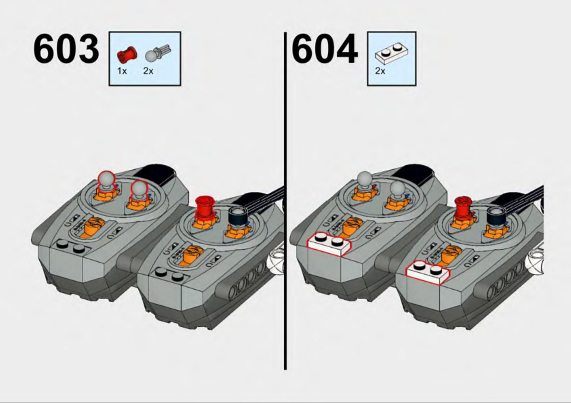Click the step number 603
[66, 49]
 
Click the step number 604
[325, 49]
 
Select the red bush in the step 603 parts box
[127, 55]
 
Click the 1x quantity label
[122, 71]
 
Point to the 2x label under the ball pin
[148, 71]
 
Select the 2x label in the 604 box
[380, 71]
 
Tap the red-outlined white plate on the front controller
[428, 273]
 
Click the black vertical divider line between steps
[285, 201]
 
